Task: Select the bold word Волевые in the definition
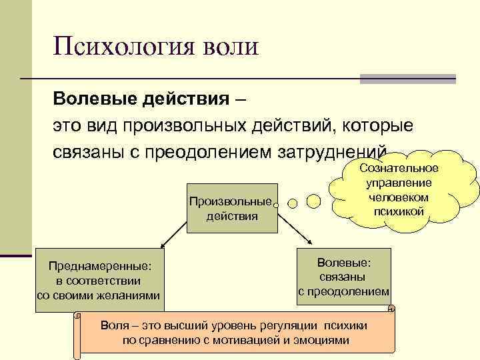tap(93, 99)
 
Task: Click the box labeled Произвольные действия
tap(232, 209)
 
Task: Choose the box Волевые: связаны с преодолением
tap(344, 273)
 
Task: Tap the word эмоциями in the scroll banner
tap(326, 340)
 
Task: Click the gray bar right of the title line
tap(407, 79)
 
